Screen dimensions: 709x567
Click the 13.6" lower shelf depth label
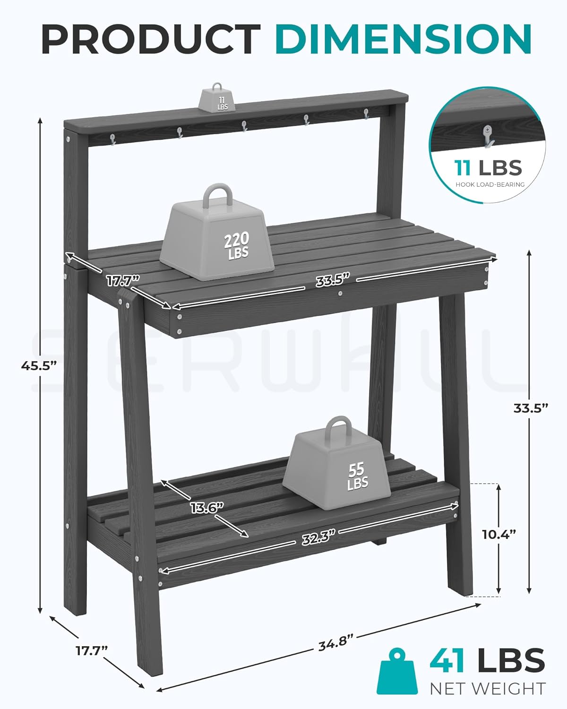[x=206, y=508]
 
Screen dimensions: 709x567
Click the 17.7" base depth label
[x=92, y=650]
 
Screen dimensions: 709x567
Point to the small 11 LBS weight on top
[x=219, y=99]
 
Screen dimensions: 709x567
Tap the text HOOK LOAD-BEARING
[x=490, y=185]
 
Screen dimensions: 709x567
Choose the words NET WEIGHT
[x=487, y=689]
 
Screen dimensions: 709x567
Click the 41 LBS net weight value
[x=487, y=660]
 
